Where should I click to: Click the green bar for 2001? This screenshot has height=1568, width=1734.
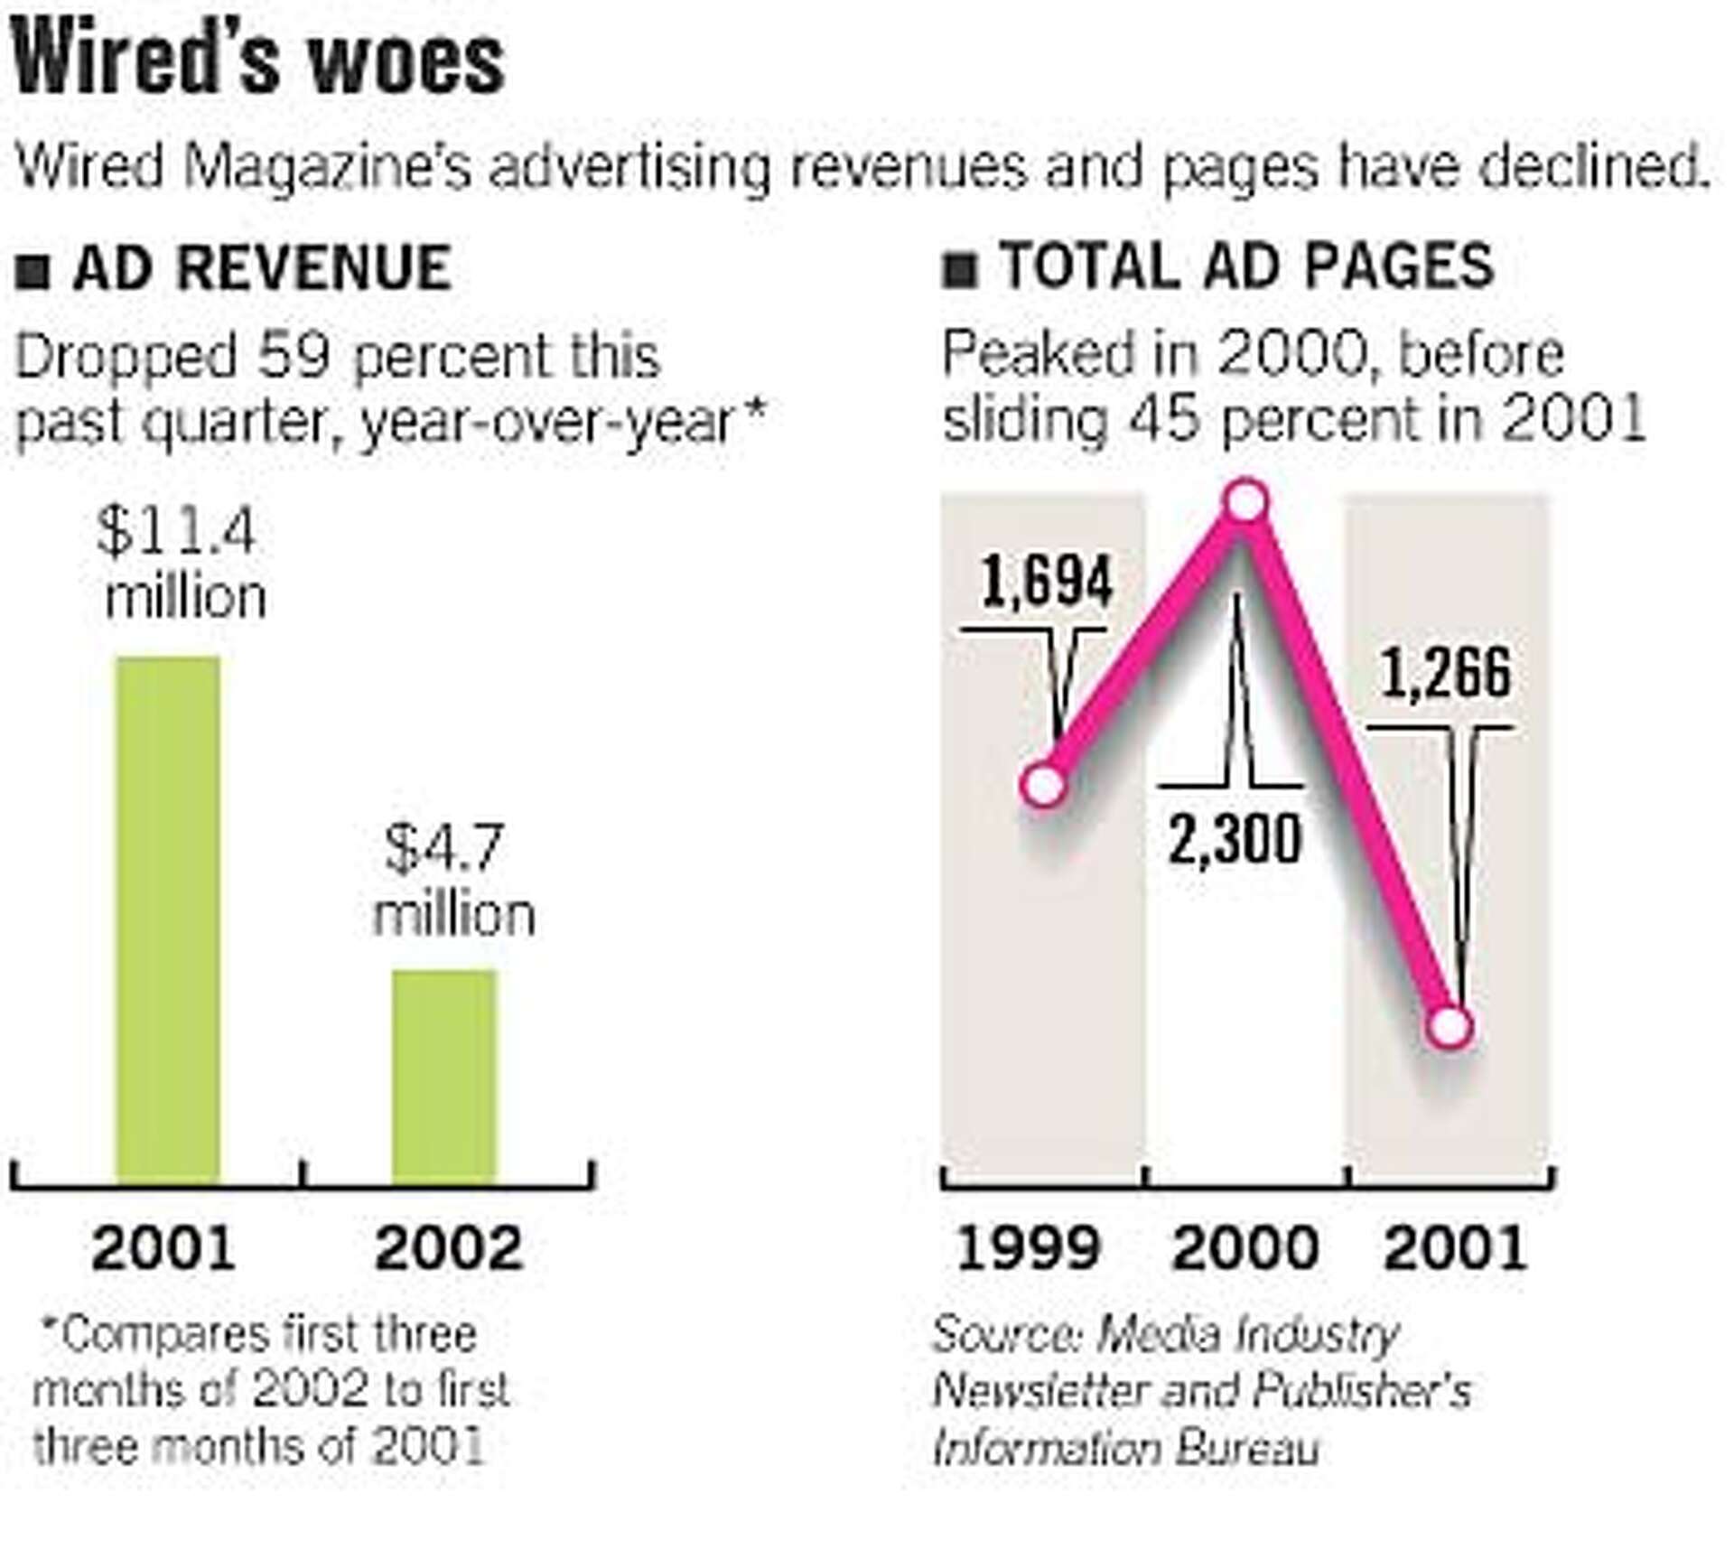(x=169, y=919)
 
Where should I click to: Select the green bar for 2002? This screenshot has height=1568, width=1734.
(x=444, y=1077)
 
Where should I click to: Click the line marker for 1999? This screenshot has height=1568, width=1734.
(x=1045, y=785)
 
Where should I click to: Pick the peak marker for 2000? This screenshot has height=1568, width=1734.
(x=1246, y=502)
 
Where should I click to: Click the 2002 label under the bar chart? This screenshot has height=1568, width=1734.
(x=449, y=1248)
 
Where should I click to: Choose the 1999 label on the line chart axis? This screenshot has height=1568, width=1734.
(x=1028, y=1248)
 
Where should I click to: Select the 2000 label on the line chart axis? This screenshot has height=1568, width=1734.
(x=1245, y=1248)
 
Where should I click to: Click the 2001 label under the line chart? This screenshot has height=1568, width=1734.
(x=1455, y=1248)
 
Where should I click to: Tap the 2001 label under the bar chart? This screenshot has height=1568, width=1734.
(x=163, y=1248)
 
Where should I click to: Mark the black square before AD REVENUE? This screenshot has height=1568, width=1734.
(x=33, y=271)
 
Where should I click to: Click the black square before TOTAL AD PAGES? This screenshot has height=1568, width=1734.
(x=959, y=270)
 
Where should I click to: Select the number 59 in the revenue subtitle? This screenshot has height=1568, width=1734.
(x=293, y=357)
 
